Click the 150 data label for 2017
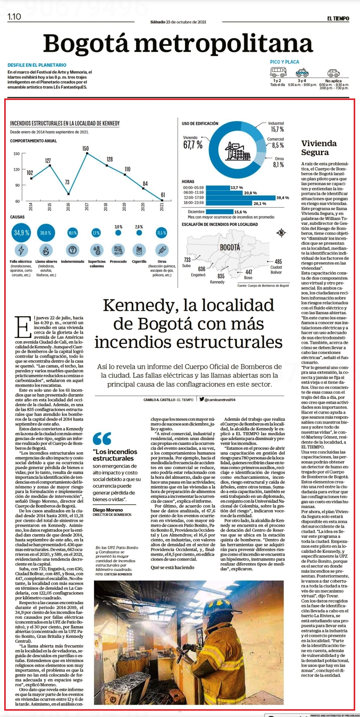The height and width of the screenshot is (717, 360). pos(86,149)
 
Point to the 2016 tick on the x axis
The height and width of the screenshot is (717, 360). pos(68,207)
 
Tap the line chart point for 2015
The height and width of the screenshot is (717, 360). pos(50,165)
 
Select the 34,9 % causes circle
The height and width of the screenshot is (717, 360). pos(22,233)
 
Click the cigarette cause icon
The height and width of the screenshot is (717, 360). pos(139,250)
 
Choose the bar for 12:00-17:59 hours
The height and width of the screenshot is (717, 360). pos(241,197)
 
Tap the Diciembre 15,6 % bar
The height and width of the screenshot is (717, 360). pos(219,212)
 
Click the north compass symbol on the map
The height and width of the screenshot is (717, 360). pos(281,233)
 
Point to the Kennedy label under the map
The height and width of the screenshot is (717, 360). pos(217,282)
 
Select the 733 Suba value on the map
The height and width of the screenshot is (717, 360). pos(187,260)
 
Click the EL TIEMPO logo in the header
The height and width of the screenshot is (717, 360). pos(338,19)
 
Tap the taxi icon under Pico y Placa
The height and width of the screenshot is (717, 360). pos(303,73)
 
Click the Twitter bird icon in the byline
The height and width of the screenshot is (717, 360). pos(202,399)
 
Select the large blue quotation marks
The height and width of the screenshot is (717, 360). pos(102,438)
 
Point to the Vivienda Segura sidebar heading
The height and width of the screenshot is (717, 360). pos(319,148)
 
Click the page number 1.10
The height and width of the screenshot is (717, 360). pos(14,17)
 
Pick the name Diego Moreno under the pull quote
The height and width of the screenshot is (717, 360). pos(108,510)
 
